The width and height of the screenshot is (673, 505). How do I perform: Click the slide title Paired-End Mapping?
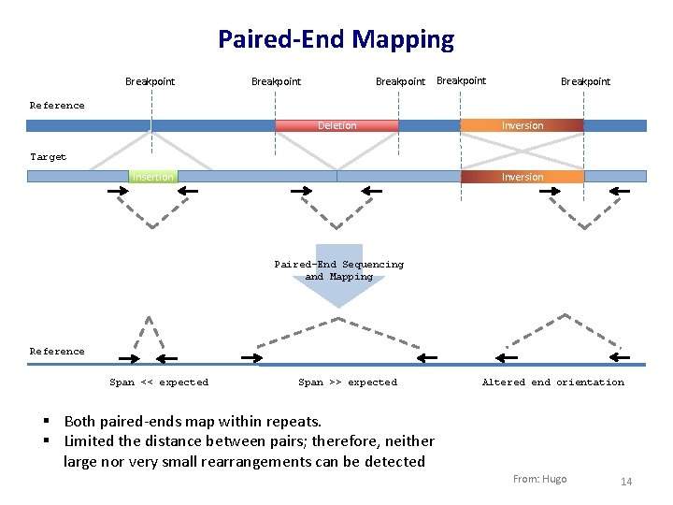click(x=336, y=39)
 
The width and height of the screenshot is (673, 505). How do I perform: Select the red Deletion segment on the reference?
click(x=336, y=125)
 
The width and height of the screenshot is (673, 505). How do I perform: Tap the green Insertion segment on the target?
click(x=152, y=176)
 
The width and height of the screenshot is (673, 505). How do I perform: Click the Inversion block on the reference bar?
click(x=522, y=125)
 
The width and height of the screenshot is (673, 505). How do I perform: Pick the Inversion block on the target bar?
click(x=522, y=176)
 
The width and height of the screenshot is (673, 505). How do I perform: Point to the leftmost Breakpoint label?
click(x=150, y=81)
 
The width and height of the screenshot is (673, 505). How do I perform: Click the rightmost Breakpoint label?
click(x=585, y=81)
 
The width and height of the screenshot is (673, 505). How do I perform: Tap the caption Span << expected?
click(x=159, y=382)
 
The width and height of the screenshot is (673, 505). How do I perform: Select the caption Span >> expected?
click(x=348, y=382)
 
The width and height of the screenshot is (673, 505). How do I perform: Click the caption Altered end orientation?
click(x=552, y=382)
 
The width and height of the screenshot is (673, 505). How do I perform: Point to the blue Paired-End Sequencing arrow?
click(x=339, y=281)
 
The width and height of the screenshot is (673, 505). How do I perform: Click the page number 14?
click(x=626, y=482)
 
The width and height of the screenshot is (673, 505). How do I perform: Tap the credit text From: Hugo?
click(x=539, y=479)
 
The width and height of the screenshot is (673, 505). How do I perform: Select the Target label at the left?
click(x=49, y=157)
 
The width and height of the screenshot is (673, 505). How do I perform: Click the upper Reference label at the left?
click(x=57, y=106)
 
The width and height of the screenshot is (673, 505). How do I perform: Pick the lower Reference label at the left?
click(x=57, y=352)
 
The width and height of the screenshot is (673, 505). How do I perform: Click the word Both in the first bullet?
click(x=81, y=422)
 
